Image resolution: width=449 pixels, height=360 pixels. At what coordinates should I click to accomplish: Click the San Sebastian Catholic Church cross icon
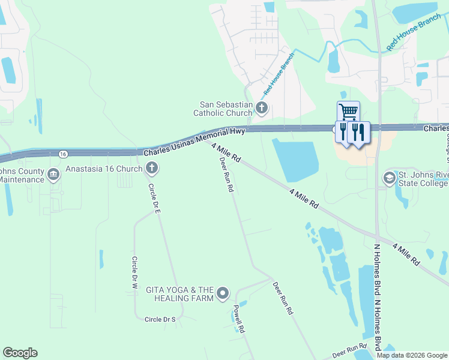tap(261, 108)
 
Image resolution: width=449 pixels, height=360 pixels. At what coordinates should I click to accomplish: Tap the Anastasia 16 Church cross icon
tap(152, 169)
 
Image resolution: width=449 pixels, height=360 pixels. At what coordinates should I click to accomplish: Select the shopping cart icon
tap(348, 112)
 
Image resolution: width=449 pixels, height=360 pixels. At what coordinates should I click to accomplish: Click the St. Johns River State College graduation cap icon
tap(389, 178)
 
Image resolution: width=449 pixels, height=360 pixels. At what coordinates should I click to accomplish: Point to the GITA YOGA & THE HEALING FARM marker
tap(223, 293)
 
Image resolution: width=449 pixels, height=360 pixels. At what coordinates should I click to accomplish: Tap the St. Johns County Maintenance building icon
tap(53, 175)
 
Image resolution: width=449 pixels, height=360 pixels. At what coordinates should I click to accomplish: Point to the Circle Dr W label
tap(135, 273)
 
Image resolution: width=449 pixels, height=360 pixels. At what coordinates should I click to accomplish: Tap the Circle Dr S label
tap(160, 319)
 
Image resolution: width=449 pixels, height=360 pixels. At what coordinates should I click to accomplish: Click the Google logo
tap(20, 353)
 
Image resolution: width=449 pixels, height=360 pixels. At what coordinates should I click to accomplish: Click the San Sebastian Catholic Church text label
tap(223, 108)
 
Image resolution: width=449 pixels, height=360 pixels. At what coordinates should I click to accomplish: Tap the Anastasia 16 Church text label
tap(104, 169)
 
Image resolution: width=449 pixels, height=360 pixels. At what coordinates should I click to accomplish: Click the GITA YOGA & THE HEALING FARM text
tap(180, 293)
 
